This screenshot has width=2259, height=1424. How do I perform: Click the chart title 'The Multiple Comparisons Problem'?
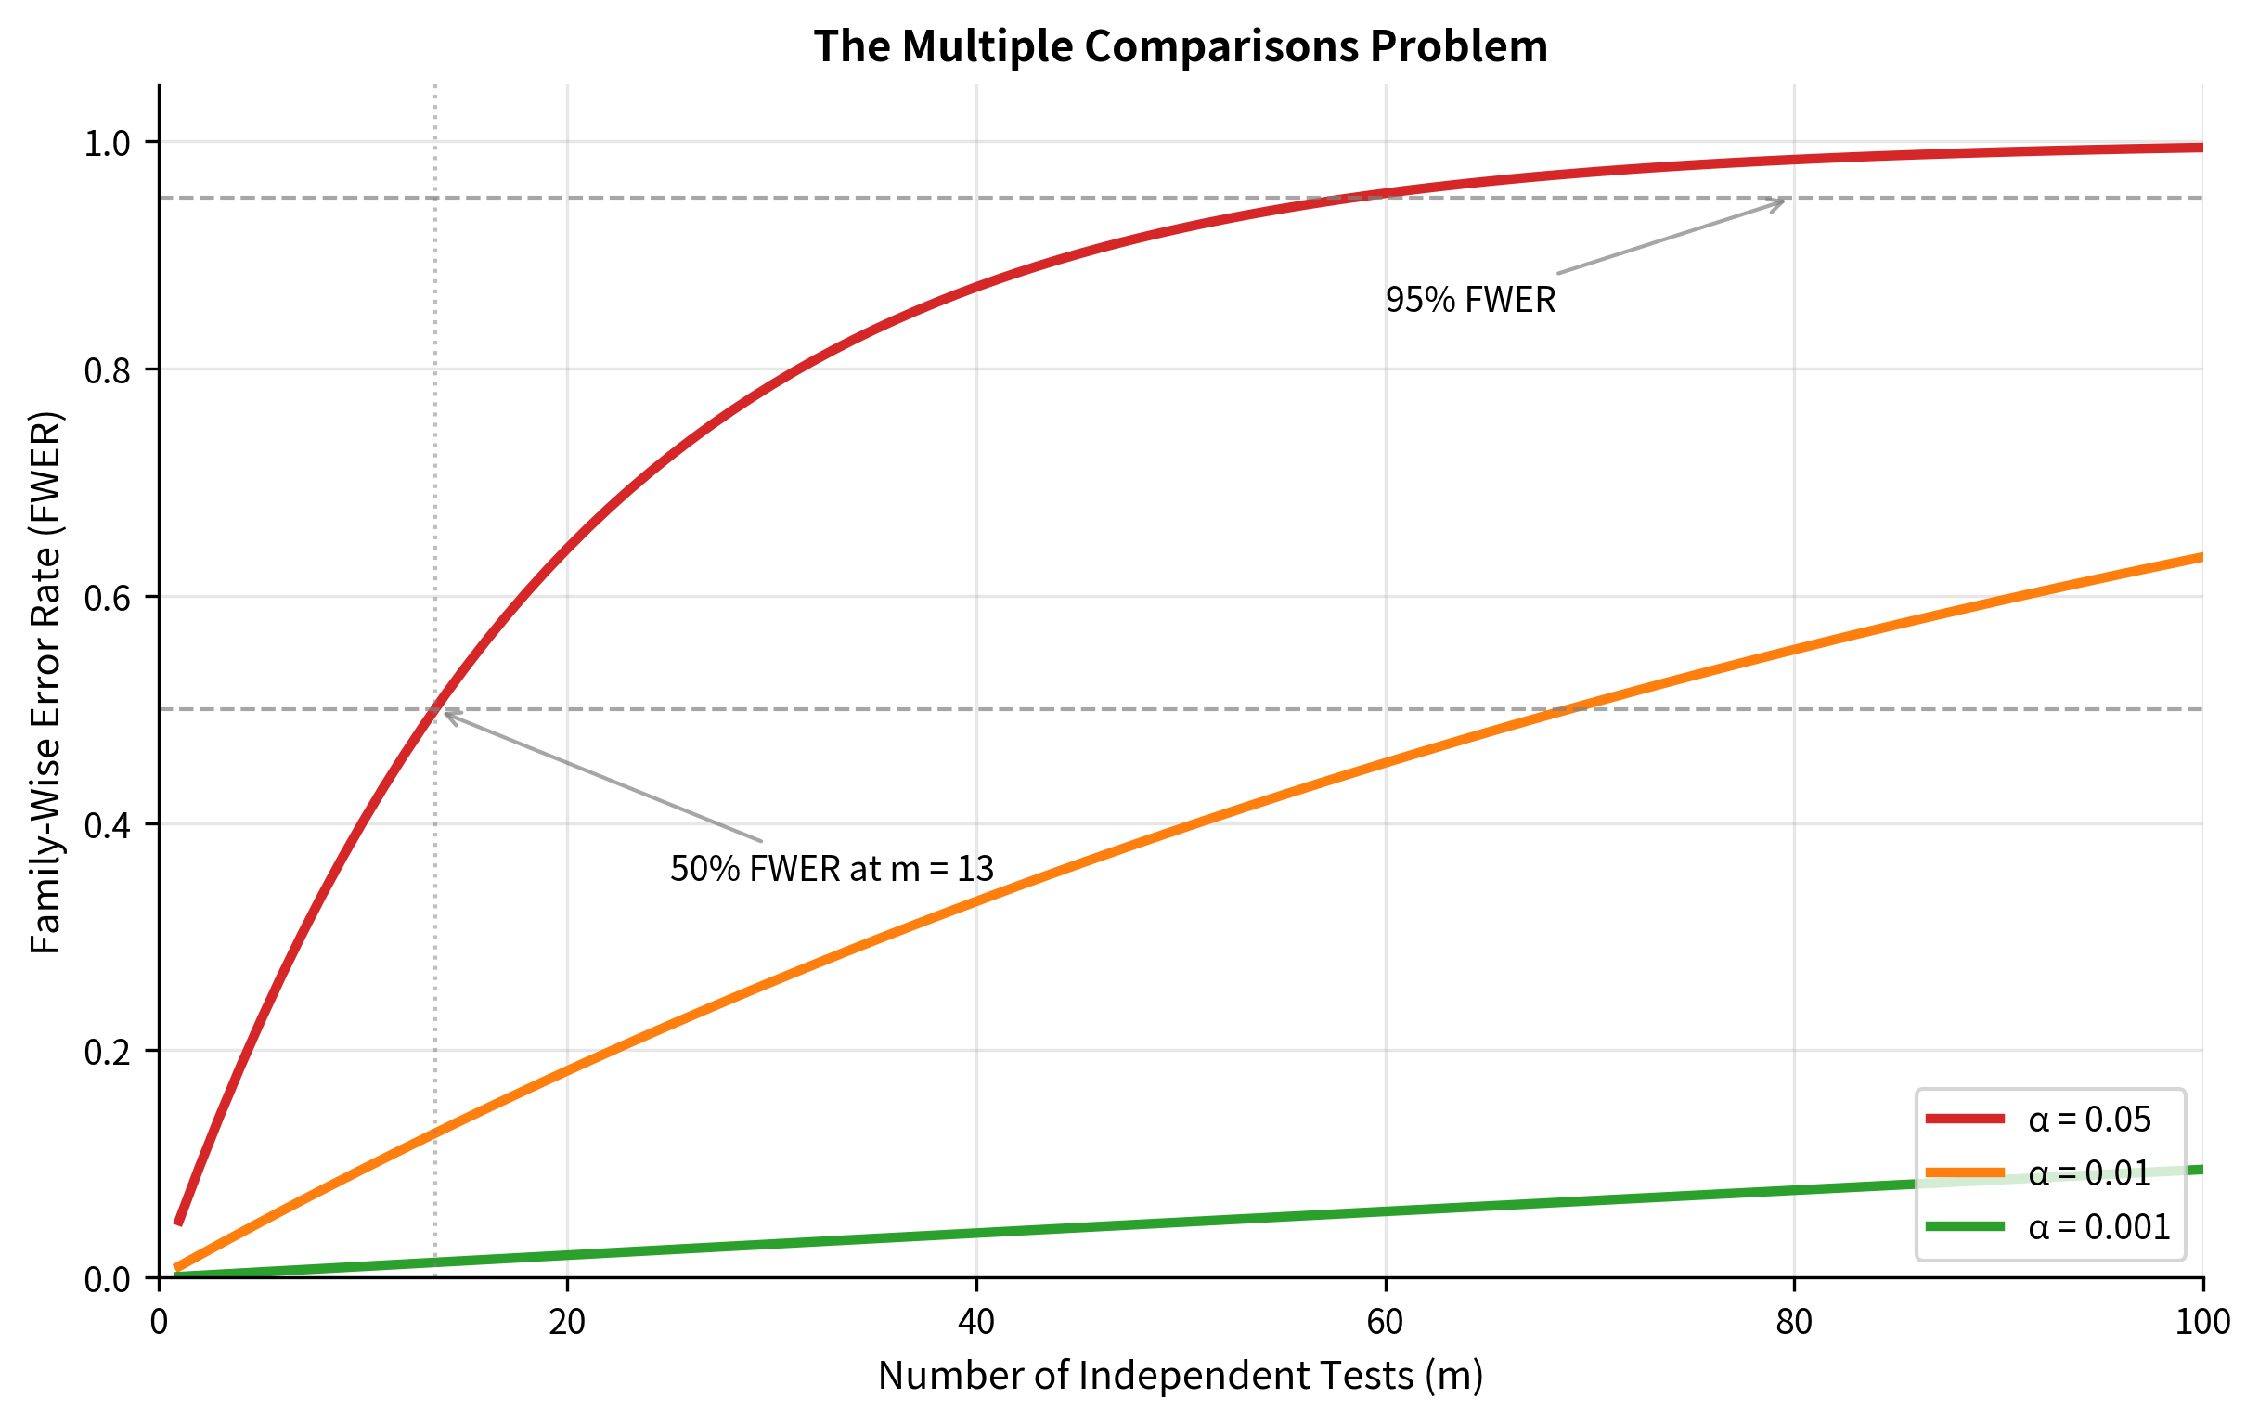tap(1181, 46)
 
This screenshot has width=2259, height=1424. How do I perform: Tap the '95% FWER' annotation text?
tap(1470, 300)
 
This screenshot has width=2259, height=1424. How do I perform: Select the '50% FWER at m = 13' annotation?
tap(832, 869)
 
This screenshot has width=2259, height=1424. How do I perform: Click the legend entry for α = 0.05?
tap(2089, 1120)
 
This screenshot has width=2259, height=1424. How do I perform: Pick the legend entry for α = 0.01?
tap(2089, 1173)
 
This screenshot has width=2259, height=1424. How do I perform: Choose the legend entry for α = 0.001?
tap(2098, 1227)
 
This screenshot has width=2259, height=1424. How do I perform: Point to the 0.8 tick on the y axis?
tap(109, 370)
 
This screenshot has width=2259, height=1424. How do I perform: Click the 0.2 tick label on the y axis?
tap(109, 1053)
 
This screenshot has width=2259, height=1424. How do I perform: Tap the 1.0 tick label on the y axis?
tap(109, 144)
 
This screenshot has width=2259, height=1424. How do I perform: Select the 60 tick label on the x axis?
tap(1385, 1323)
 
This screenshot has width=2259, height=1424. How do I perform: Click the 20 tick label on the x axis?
tap(567, 1323)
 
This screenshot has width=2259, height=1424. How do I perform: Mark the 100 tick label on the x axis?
tap(2201, 1323)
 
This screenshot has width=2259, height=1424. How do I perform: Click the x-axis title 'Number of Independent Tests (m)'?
tap(1181, 1376)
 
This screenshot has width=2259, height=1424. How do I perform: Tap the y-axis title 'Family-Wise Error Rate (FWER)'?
tap(45, 682)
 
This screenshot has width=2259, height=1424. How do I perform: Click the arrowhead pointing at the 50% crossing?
tap(445, 713)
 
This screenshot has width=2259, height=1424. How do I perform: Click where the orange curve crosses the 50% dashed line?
tap(1568, 709)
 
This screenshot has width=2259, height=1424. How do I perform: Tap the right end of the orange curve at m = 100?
tap(2201, 557)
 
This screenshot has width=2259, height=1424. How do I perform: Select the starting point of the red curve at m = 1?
tap(178, 1223)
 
